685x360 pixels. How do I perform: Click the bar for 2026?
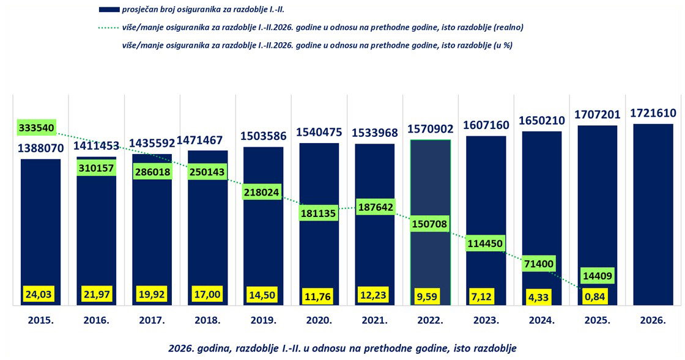click(x=653, y=214)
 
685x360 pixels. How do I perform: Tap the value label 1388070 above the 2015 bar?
click(x=40, y=149)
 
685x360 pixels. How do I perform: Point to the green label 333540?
click(x=36, y=128)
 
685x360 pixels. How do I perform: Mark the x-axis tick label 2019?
click(x=264, y=320)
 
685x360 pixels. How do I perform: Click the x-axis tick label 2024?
click(x=542, y=320)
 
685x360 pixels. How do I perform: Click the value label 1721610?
click(x=653, y=113)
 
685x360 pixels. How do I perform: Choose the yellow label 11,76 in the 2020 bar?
click(x=319, y=296)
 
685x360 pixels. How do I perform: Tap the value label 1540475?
click(x=319, y=131)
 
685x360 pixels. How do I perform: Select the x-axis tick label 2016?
click(x=97, y=320)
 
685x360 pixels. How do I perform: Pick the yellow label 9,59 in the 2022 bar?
click(x=431, y=296)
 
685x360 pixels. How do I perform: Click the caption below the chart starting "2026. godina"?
click(x=342, y=348)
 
